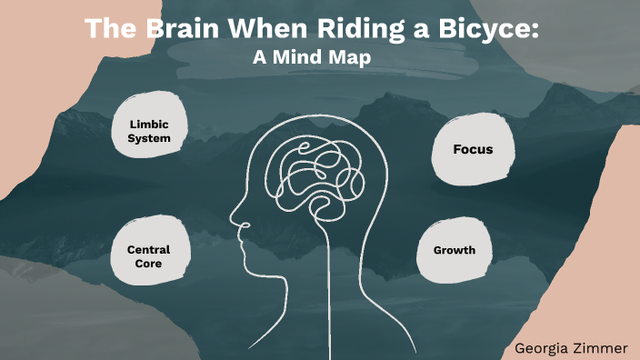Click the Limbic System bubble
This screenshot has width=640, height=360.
pos(151,131)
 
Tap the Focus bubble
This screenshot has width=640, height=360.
pos(473,149)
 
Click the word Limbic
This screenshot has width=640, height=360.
pos(151,124)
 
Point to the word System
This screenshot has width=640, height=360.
pos(151,139)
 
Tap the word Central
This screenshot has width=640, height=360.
pos(148,249)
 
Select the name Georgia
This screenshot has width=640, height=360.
pos(543,346)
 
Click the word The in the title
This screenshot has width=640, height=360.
pos(107,28)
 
